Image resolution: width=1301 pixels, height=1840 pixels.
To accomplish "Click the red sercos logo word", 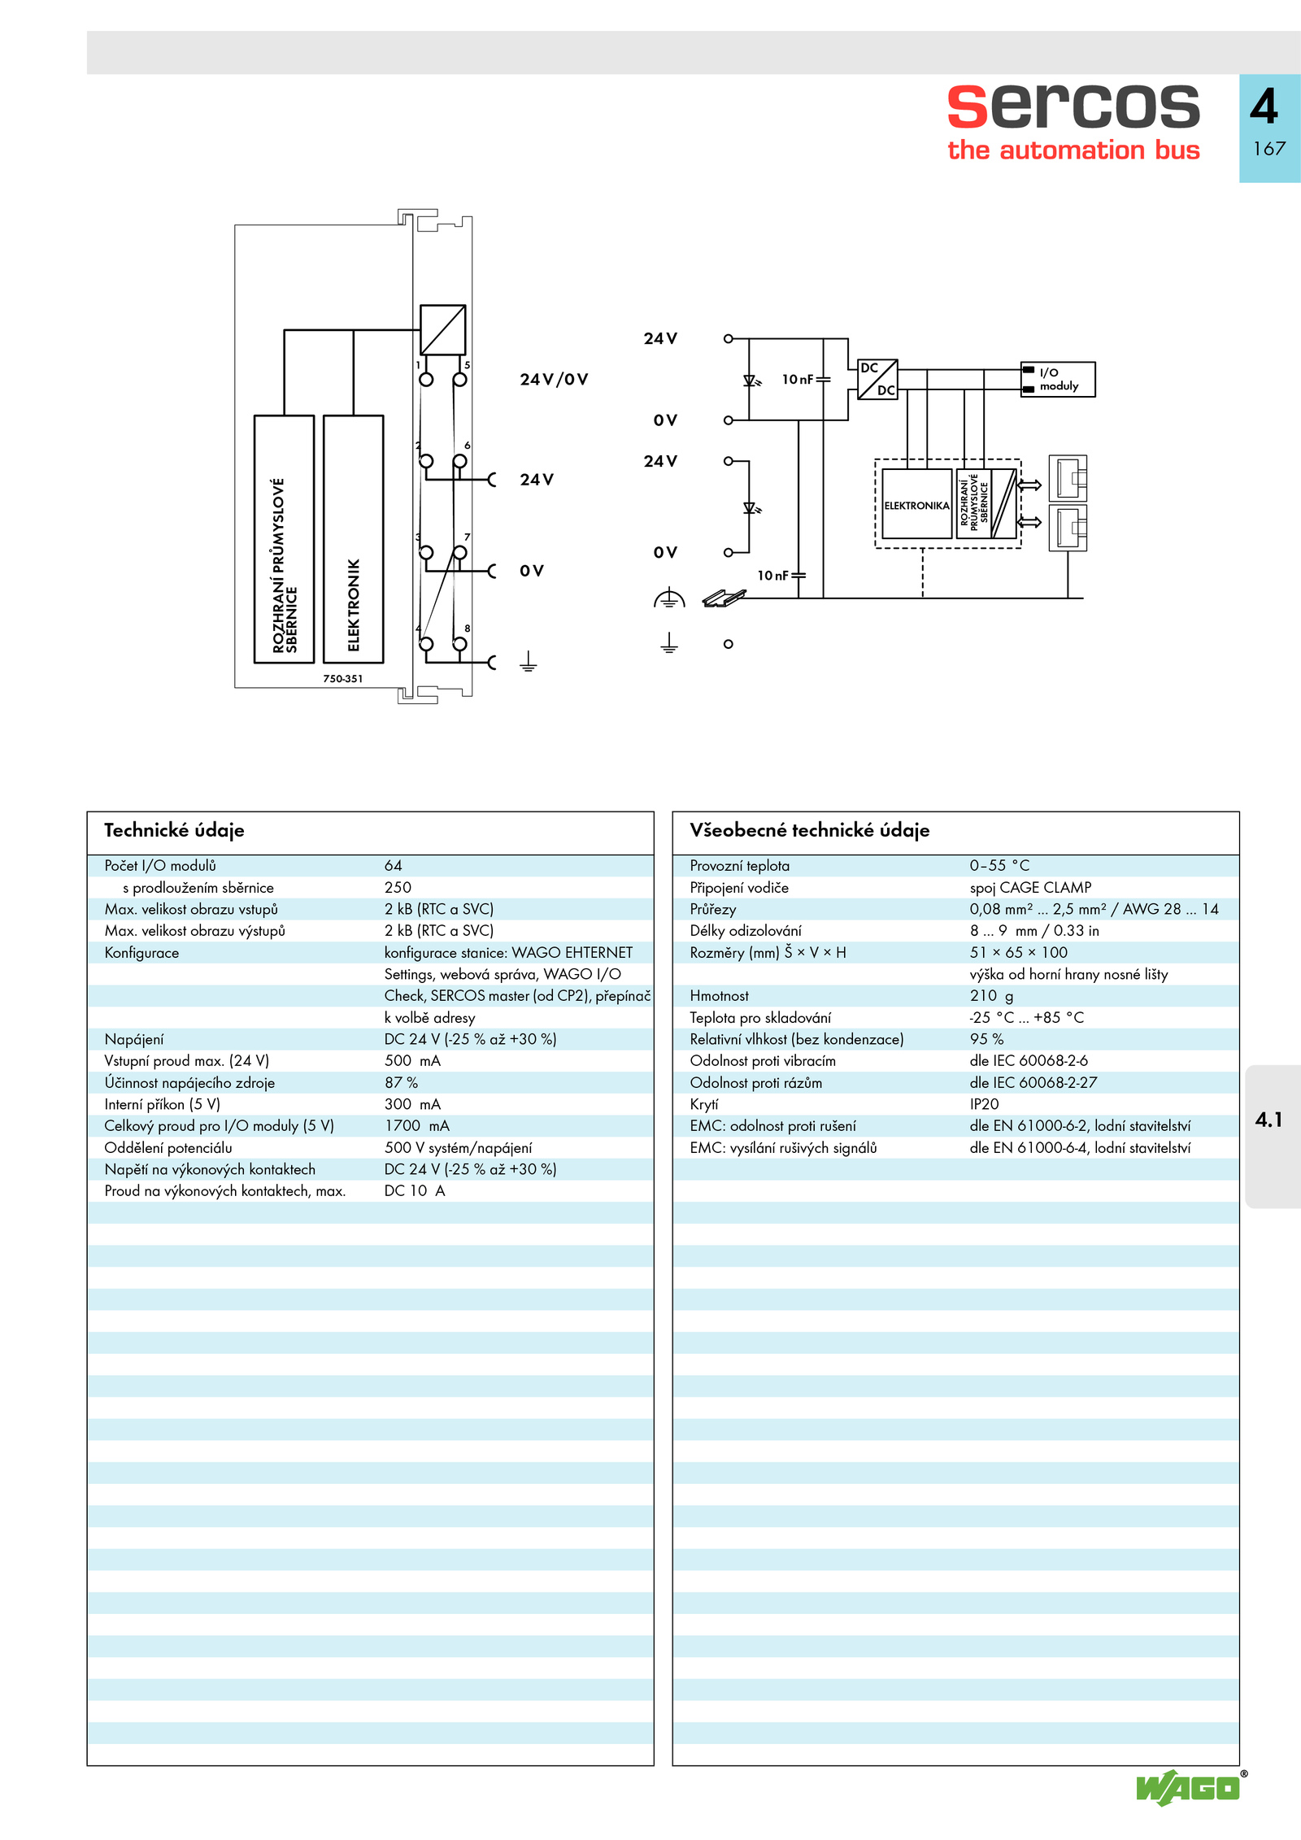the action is pos(1073,106).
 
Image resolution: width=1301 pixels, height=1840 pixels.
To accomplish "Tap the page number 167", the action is pos(1269,148).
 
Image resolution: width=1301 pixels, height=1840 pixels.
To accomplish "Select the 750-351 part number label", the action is pos(343,678).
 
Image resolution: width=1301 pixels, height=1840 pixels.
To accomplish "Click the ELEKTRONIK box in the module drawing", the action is pos(354,539).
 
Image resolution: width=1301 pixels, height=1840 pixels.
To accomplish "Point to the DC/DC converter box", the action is pos(877,379).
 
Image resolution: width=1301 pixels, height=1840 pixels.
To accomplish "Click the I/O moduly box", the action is pos(1058,379).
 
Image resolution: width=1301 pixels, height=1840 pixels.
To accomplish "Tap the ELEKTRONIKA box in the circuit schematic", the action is pos(917,504).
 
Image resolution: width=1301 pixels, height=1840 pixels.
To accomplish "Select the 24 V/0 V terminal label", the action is pos(554,379).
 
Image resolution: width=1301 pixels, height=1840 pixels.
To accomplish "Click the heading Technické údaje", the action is pos(174,830).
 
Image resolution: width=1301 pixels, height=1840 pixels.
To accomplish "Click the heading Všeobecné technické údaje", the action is pos(809,830).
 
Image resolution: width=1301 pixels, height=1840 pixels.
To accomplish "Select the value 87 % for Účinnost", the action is pos(401,1082).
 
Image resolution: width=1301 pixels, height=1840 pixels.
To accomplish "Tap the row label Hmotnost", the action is pos(719,995).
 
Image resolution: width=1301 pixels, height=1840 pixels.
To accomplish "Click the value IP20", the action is pos(984,1104).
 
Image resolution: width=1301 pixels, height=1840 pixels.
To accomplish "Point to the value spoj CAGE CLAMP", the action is pos(1030,887).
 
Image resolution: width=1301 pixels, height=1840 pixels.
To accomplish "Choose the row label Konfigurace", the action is pos(141,952).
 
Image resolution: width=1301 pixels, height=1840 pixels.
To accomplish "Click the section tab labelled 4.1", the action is pos(1268,1120).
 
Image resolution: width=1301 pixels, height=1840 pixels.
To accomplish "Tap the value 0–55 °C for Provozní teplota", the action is pos(999,865).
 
